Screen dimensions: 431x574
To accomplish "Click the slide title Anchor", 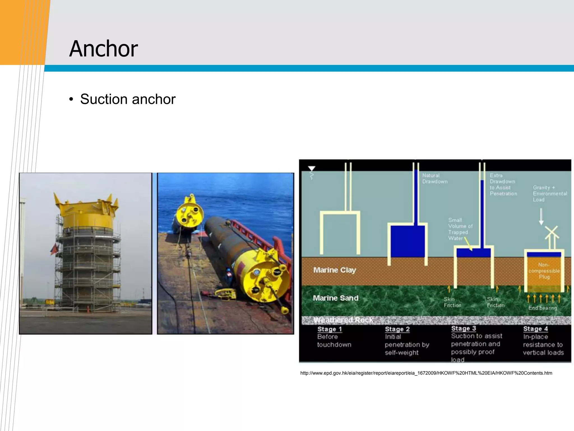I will tap(103, 49).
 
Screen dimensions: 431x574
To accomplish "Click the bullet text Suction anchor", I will tap(128, 99).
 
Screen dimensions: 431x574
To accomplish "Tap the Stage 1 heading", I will tap(329, 329).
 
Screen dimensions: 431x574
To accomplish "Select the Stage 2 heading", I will tap(397, 329).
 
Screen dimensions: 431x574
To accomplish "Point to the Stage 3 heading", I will tap(464, 329).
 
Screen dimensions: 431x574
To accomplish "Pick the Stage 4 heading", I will tap(535, 329).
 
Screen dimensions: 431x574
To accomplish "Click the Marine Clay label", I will tap(334, 270).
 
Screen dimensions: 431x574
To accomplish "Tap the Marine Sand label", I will tap(335, 298).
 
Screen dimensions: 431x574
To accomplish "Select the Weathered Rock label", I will tap(343, 320).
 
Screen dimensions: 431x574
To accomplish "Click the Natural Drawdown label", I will tap(435, 178).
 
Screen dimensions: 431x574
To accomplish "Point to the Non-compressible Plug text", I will tap(544, 271).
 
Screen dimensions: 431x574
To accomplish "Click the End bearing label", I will tap(543, 308).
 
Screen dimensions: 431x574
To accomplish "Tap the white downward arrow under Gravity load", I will tap(541, 216).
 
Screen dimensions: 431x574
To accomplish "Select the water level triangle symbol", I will tap(312, 169).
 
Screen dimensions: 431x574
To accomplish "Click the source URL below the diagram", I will tap(426, 373).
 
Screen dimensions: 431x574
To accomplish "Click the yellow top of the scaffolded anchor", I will tap(87, 213).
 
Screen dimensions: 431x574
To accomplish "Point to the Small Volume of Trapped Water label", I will tap(460, 229).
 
